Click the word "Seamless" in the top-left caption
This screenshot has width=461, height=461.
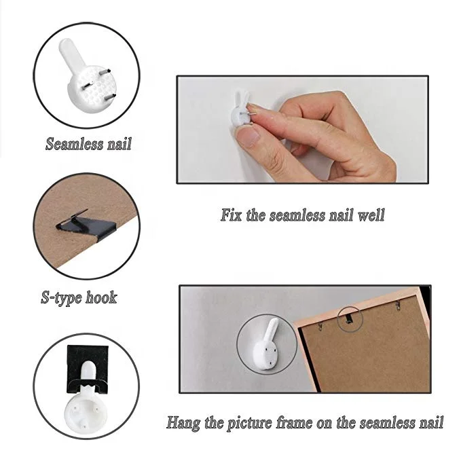[x=75, y=144]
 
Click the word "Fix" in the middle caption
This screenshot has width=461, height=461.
[x=231, y=215]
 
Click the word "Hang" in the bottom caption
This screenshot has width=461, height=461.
[x=183, y=423]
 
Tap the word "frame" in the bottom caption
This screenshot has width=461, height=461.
[x=295, y=423]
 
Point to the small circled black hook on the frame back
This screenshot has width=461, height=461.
[x=349, y=318]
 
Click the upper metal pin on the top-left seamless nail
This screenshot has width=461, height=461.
[x=105, y=72]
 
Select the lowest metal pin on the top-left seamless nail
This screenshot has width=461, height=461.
[x=109, y=96]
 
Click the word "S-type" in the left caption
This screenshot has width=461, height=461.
[x=61, y=297]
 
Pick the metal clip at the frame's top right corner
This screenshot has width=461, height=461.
[x=397, y=305]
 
